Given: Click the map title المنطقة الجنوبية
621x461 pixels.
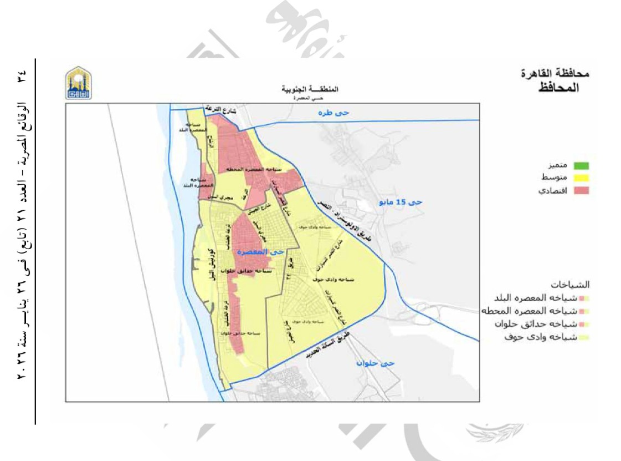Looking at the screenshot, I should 309,89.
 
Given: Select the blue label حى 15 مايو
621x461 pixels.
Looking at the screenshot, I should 401,203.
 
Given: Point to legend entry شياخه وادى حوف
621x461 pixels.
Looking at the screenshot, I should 549,337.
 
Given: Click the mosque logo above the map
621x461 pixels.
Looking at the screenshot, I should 79,84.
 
